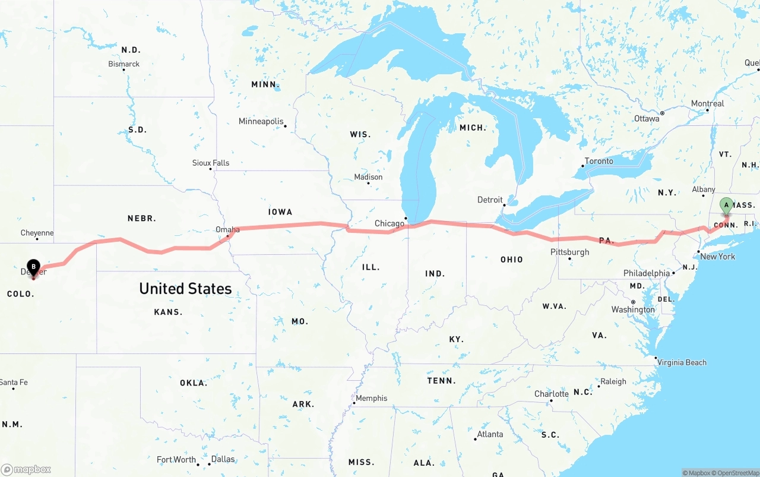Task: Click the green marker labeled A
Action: click(726, 206)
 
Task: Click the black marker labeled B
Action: click(34, 267)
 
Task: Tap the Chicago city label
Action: click(389, 223)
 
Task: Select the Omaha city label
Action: click(227, 230)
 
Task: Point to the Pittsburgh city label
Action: click(570, 252)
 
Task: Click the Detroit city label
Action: click(490, 200)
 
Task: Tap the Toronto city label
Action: click(599, 161)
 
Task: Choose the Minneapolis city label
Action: click(261, 121)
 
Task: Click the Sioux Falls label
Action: click(211, 163)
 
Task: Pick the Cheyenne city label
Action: click(37, 233)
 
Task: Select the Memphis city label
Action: click(372, 398)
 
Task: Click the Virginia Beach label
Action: click(682, 362)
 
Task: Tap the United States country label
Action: click(185, 289)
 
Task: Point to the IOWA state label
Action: click(280, 211)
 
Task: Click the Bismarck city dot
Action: click(123, 70)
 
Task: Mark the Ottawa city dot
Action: click(662, 113)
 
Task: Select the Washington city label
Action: click(633, 309)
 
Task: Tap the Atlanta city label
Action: click(490, 434)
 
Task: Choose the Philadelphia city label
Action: click(647, 273)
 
